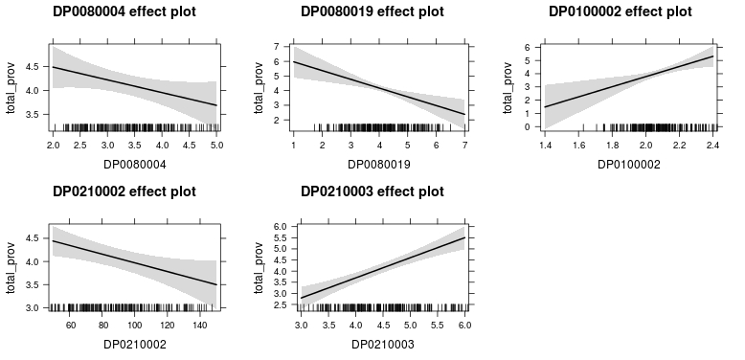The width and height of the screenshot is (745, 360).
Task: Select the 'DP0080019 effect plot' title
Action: tap(372, 11)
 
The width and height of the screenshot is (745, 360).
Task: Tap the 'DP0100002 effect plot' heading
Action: tap(619, 11)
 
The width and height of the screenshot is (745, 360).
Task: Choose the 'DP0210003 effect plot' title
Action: tap(372, 191)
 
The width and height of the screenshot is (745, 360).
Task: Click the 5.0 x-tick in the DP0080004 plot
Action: tap(216, 145)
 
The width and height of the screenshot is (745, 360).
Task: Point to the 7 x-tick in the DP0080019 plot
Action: tap(464, 145)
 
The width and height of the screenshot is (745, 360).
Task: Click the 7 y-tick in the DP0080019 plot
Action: tap(275, 47)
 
